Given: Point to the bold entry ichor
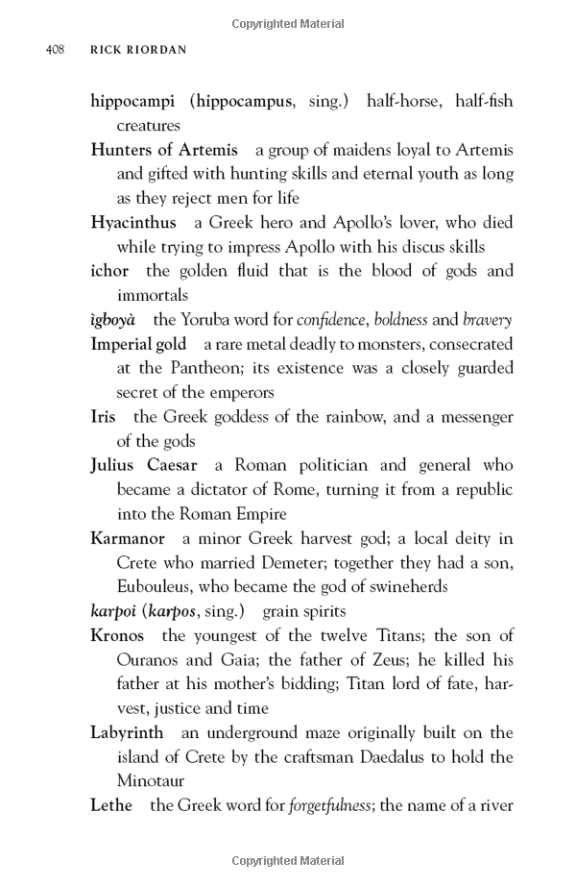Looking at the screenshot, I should pyautogui.click(x=109, y=271).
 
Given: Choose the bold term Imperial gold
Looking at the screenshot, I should pyautogui.click(x=138, y=344).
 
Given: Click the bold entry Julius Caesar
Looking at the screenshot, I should pyautogui.click(x=144, y=466).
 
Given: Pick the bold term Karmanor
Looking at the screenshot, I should pyautogui.click(x=128, y=538).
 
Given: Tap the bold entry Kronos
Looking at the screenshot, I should pyautogui.click(x=117, y=636).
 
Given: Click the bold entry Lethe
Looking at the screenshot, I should pyautogui.click(x=111, y=805).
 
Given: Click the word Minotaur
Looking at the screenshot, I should pyautogui.click(x=150, y=781).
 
